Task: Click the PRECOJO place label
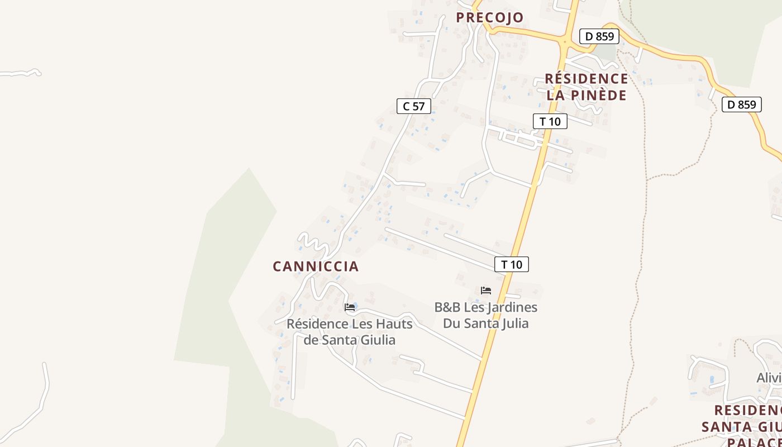pyautogui.click(x=490, y=18)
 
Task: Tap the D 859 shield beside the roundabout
pyautogui.click(x=599, y=37)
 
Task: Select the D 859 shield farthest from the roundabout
pyautogui.click(x=741, y=104)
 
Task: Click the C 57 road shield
pyautogui.click(x=413, y=106)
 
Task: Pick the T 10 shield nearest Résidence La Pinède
pyautogui.click(x=550, y=121)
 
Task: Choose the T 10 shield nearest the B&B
pyautogui.click(x=511, y=264)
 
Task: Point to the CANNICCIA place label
pyautogui.click(x=316, y=267)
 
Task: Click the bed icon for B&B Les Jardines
pyautogui.click(x=486, y=291)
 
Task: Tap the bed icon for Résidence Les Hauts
pyautogui.click(x=350, y=307)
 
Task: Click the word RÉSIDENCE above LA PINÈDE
pyautogui.click(x=586, y=79)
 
